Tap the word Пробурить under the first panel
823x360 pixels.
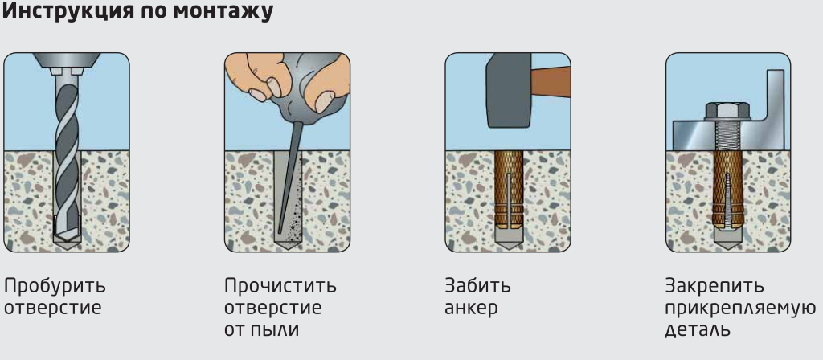[55, 287]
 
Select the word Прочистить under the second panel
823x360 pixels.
[280, 287]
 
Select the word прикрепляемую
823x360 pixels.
[740, 309]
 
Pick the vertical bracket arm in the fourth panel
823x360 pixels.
[776, 96]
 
